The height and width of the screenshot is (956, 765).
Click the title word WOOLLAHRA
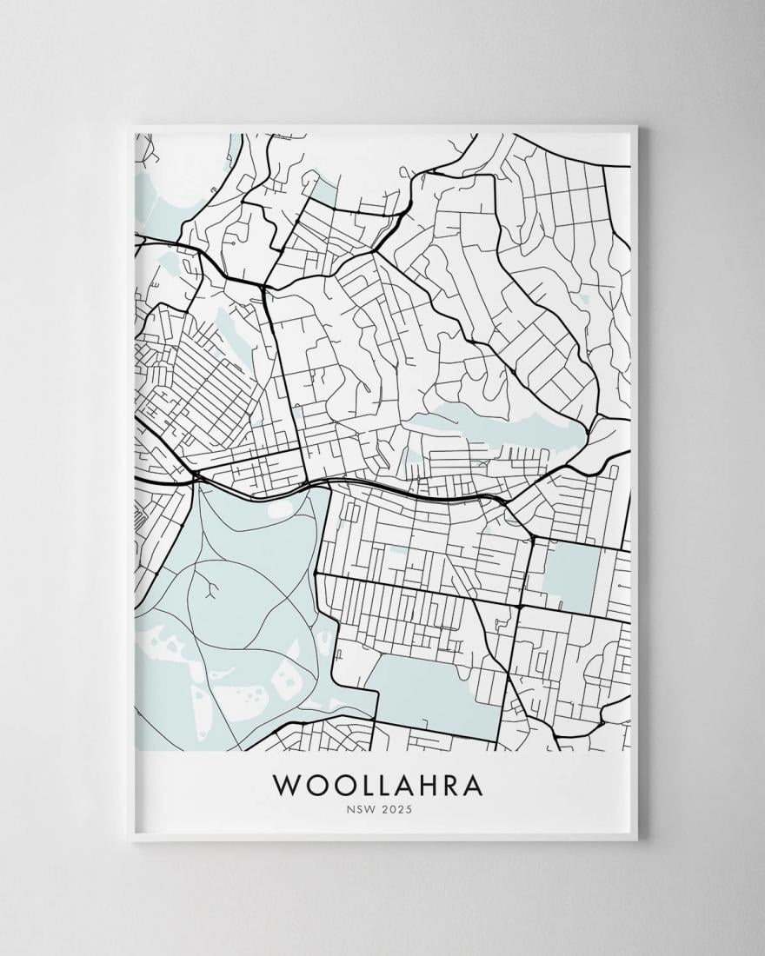(x=378, y=784)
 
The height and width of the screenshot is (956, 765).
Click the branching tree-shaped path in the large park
(x=210, y=591)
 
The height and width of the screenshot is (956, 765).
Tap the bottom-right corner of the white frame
(x=636, y=840)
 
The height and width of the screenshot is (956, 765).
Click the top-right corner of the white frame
(x=636, y=128)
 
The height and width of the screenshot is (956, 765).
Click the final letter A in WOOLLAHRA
(x=470, y=784)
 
